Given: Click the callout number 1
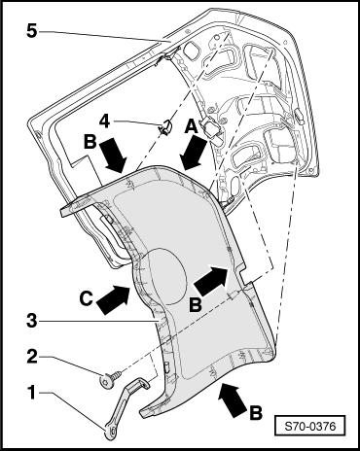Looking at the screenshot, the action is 31,393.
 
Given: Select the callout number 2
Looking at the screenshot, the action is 32,357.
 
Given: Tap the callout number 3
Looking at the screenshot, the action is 32,322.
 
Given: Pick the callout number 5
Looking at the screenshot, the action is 32,31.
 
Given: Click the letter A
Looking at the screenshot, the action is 191,125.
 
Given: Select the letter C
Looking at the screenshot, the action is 87,298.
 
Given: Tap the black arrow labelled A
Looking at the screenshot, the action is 194,153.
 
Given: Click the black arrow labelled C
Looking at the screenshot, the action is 114,298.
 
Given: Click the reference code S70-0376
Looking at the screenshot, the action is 310,426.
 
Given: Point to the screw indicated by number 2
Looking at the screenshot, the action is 111,378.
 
